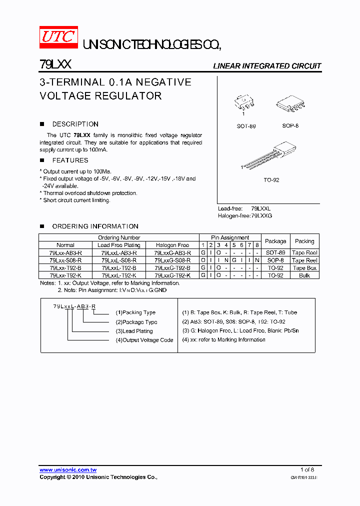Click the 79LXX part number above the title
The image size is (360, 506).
pyautogui.click(x=55, y=64)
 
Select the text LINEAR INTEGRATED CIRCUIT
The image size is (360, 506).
pyautogui.click(x=267, y=66)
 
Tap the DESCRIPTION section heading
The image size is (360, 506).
pyautogui.click(x=75, y=124)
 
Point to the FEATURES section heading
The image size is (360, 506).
pyautogui.click(x=70, y=160)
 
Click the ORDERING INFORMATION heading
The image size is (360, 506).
pyautogui.click(x=95, y=226)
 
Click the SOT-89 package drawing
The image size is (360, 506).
pyautogui.click(x=244, y=103)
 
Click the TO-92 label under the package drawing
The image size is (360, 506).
pyautogui.click(x=271, y=180)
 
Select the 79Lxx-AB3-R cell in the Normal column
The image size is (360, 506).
pyautogui.click(x=65, y=253)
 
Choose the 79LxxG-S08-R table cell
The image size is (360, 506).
pyautogui.click(x=172, y=260)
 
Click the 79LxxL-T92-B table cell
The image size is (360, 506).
pyautogui.click(x=119, y=268)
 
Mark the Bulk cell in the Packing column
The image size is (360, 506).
pyautogui.click(x=304, y=275)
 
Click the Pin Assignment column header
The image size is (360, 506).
pyautogui.click(x=230, y=237)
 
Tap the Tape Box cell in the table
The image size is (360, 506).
pyautogui.click(x=304, y=268)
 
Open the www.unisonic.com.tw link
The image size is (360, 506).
pyautogui.click(x=68, y=470)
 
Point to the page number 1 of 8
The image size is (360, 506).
pyautogui.click(x=307, y=469)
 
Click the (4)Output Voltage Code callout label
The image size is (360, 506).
pyautogui.click(x=144, y=340)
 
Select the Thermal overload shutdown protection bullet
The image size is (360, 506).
pyautogui.click(x=88, y=193)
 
